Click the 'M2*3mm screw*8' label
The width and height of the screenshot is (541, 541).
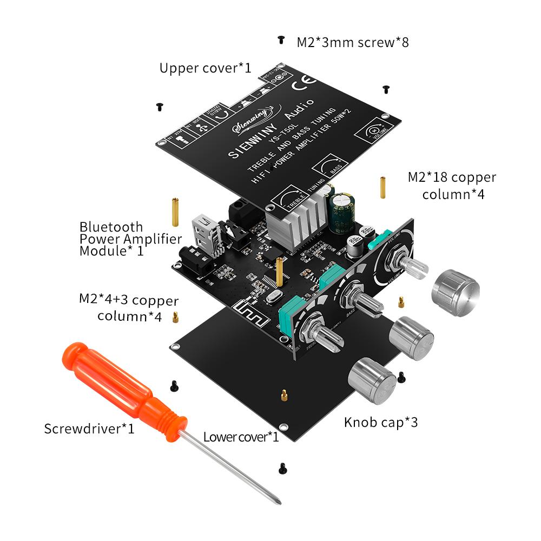point(352,42)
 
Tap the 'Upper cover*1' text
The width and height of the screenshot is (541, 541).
point(205,68)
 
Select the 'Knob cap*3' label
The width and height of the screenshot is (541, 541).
point(381,422)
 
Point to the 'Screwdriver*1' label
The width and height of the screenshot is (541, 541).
point(89,429)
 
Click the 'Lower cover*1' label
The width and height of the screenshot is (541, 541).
point(241,437)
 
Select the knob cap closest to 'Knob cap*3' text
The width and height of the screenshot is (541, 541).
point(373,382)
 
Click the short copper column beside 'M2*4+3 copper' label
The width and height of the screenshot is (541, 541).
point(175,317)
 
